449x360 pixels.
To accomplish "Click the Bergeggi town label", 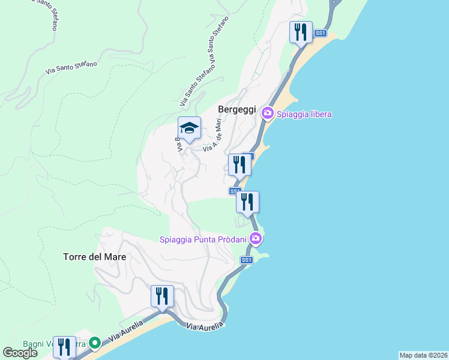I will (237, 110).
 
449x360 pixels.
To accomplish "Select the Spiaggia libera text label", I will (304, 114).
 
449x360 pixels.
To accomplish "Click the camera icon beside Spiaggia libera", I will (267, 113).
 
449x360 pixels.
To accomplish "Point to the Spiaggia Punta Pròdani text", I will (203, 240).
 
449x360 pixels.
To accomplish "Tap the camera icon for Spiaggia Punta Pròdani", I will (256, 239).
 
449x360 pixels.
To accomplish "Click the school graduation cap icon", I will (189, 128).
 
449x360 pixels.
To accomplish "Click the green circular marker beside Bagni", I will (95, 343).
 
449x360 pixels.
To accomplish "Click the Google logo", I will (20, 353).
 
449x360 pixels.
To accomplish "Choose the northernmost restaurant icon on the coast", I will (301, 32).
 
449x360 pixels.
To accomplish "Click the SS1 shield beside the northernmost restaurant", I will (321, 34).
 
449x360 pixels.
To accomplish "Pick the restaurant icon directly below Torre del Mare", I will (162, 296).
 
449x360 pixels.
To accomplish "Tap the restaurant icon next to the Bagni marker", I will (64, 347).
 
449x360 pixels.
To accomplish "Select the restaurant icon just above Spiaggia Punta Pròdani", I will (247, 202).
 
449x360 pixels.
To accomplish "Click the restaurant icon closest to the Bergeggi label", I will (239, 164).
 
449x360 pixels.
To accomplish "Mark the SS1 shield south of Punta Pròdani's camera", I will (246, 260).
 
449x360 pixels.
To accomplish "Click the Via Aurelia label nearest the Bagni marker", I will (127, 332).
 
